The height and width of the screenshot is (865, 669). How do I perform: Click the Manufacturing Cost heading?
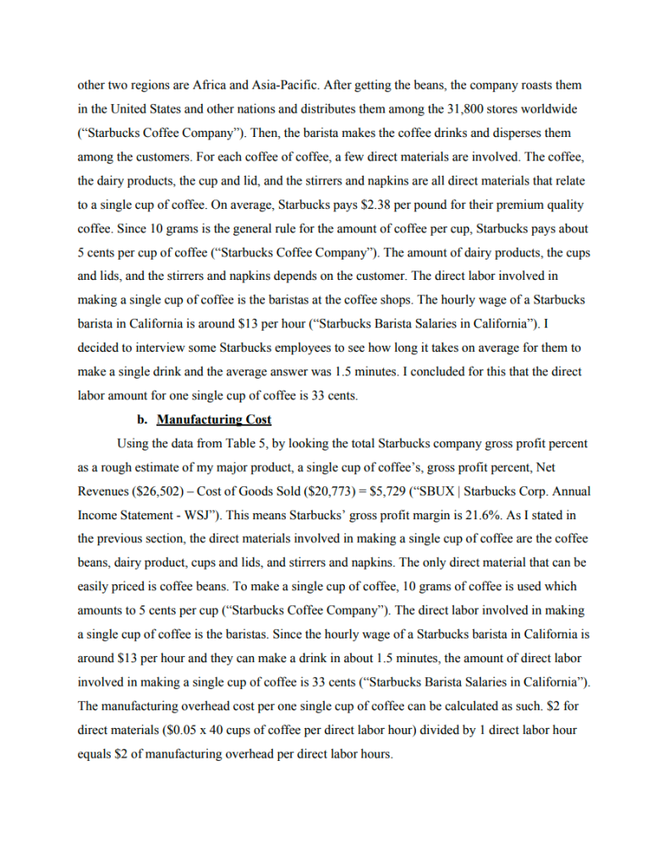pyautogui.click(x=214, y=419)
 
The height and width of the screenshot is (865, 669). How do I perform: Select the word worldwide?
pyautogui.click(x=553, y=109)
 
